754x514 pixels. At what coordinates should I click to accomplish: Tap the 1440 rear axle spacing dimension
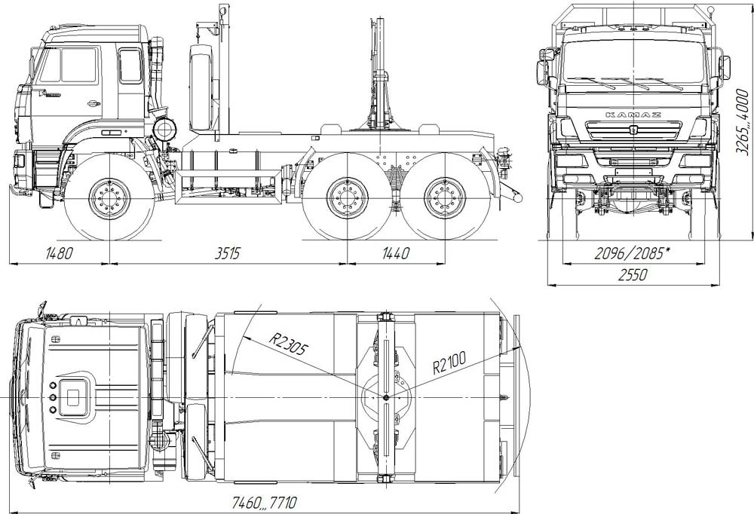pyautogui.click(x=396, y=253)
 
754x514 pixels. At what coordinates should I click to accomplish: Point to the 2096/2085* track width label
pyautogui.click(x=633, y=253)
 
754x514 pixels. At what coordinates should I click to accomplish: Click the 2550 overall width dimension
pyautogui.click(x=633, y=274)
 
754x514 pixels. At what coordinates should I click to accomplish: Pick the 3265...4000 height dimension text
pyautogui.click(x=743, y=122)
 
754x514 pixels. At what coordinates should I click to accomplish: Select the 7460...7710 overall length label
pyautogui.click(x=265, y=503)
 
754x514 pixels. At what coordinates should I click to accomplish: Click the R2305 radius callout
pyautogui.click(x=287, y=342)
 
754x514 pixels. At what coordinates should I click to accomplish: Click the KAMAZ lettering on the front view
pyautogui.click(x=633, y=115)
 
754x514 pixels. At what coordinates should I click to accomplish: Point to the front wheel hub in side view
pyautogui.click(x=109, y=198)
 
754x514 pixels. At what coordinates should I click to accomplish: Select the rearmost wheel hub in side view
pyautogui.click(x=445, y=198)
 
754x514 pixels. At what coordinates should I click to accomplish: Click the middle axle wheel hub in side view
pyautogui.click(x=347, y=198)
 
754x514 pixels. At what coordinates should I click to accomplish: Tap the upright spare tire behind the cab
pyautogui.click(x=201, y=87)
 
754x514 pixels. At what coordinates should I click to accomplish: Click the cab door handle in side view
pyautogui.click(x=93, y=103)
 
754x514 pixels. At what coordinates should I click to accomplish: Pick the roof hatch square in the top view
pyautogui.click(x=72, y=398)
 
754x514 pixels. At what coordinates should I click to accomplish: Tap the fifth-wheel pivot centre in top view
pyautogui.click(x=386, y=397)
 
